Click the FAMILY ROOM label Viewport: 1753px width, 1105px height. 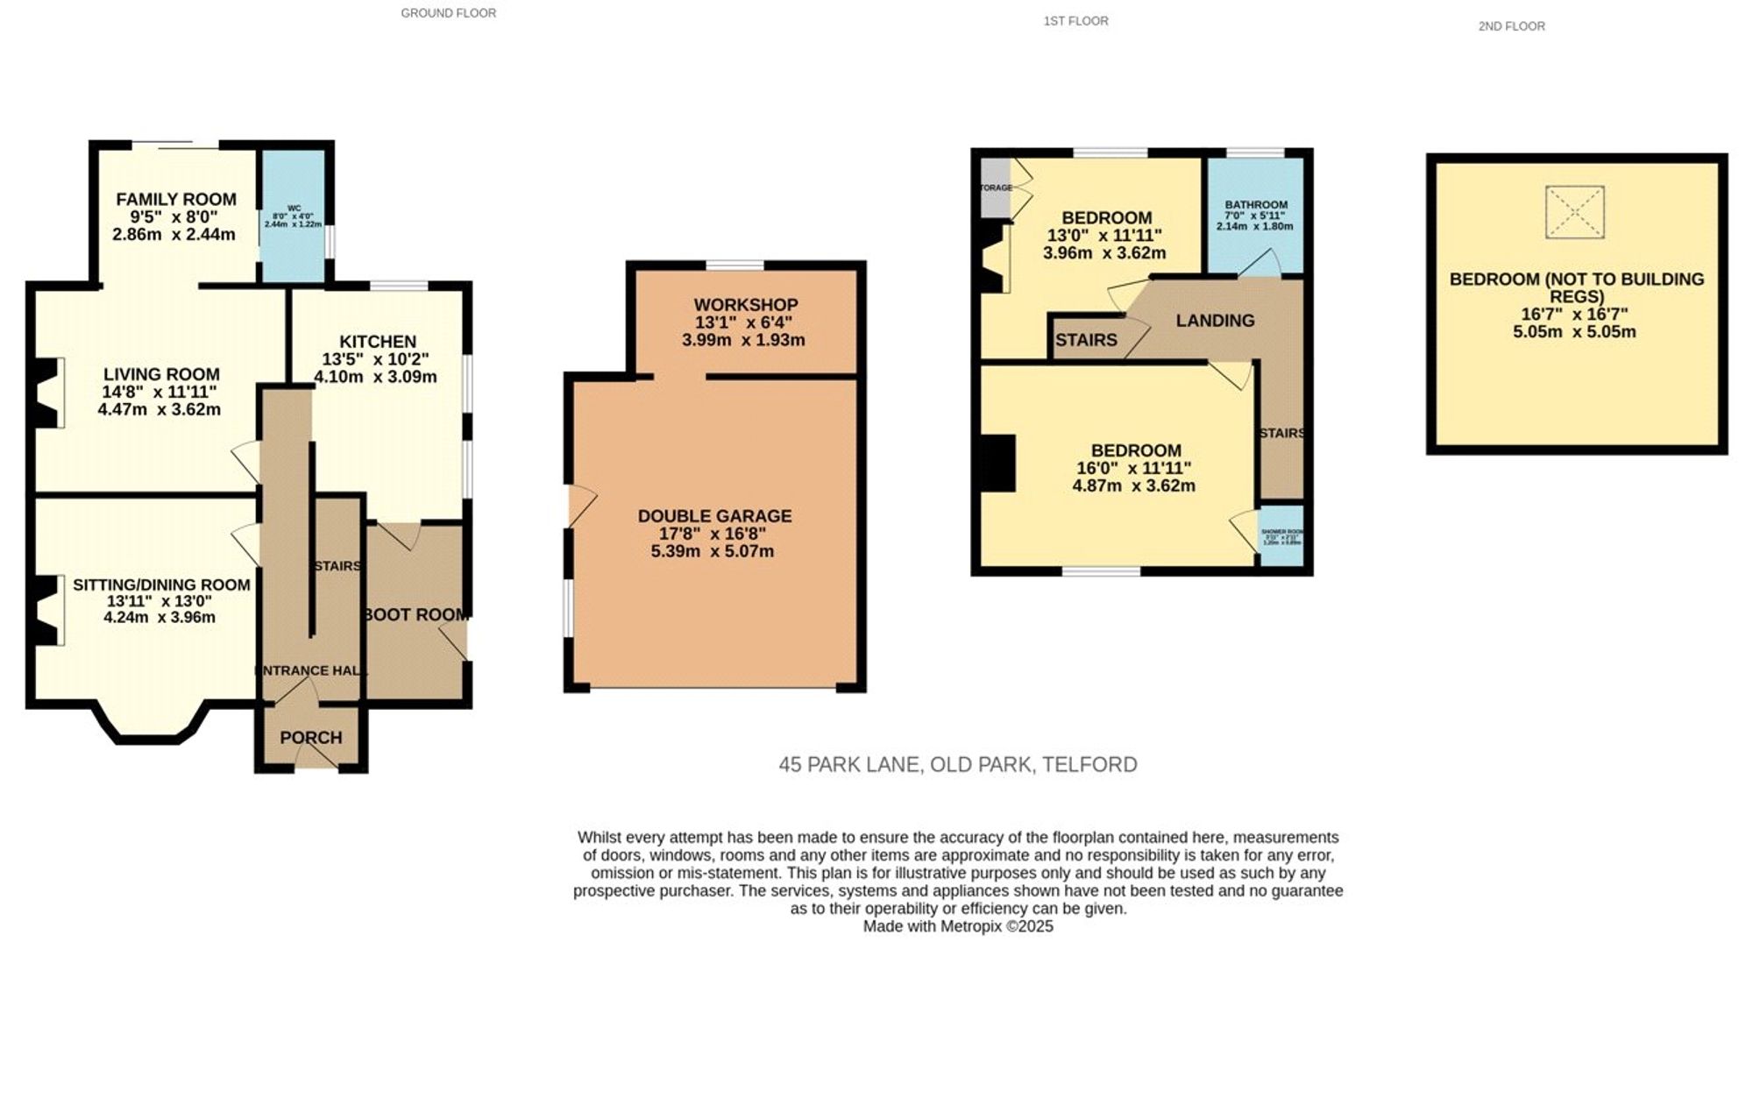(x=176, y=200)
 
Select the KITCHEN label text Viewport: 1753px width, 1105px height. (x=378, y=342)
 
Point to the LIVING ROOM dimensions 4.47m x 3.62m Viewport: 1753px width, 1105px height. (x=160, y=409)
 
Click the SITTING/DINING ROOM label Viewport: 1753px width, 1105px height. (x=161, y=584)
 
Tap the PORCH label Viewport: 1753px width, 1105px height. (x=311, y=738)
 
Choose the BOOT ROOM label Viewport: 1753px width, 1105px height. (x=415, y=615)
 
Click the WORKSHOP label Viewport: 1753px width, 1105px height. (x=746, y=305)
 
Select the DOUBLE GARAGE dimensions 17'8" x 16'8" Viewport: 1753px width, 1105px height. (x=713, y=534)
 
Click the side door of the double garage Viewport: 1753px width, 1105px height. (x=580, y=506)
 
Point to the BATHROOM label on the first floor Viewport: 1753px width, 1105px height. (x=1256, y=205)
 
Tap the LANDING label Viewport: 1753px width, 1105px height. (x=1215, y=321)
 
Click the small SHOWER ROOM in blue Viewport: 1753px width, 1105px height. (x=1281, y=535)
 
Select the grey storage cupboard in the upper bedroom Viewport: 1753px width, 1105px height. (x=995, y=188)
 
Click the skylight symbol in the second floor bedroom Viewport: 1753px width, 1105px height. (x=1574, y=212)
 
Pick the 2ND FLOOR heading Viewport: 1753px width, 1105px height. (x=1511, y=26)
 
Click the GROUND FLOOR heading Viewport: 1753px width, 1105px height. (x=448, y=13)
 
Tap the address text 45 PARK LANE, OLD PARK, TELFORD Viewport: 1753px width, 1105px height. (x=957, y=765)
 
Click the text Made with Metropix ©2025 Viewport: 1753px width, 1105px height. (x=957, y=926)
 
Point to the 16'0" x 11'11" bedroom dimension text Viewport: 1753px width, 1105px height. (x=1133, y=469)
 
